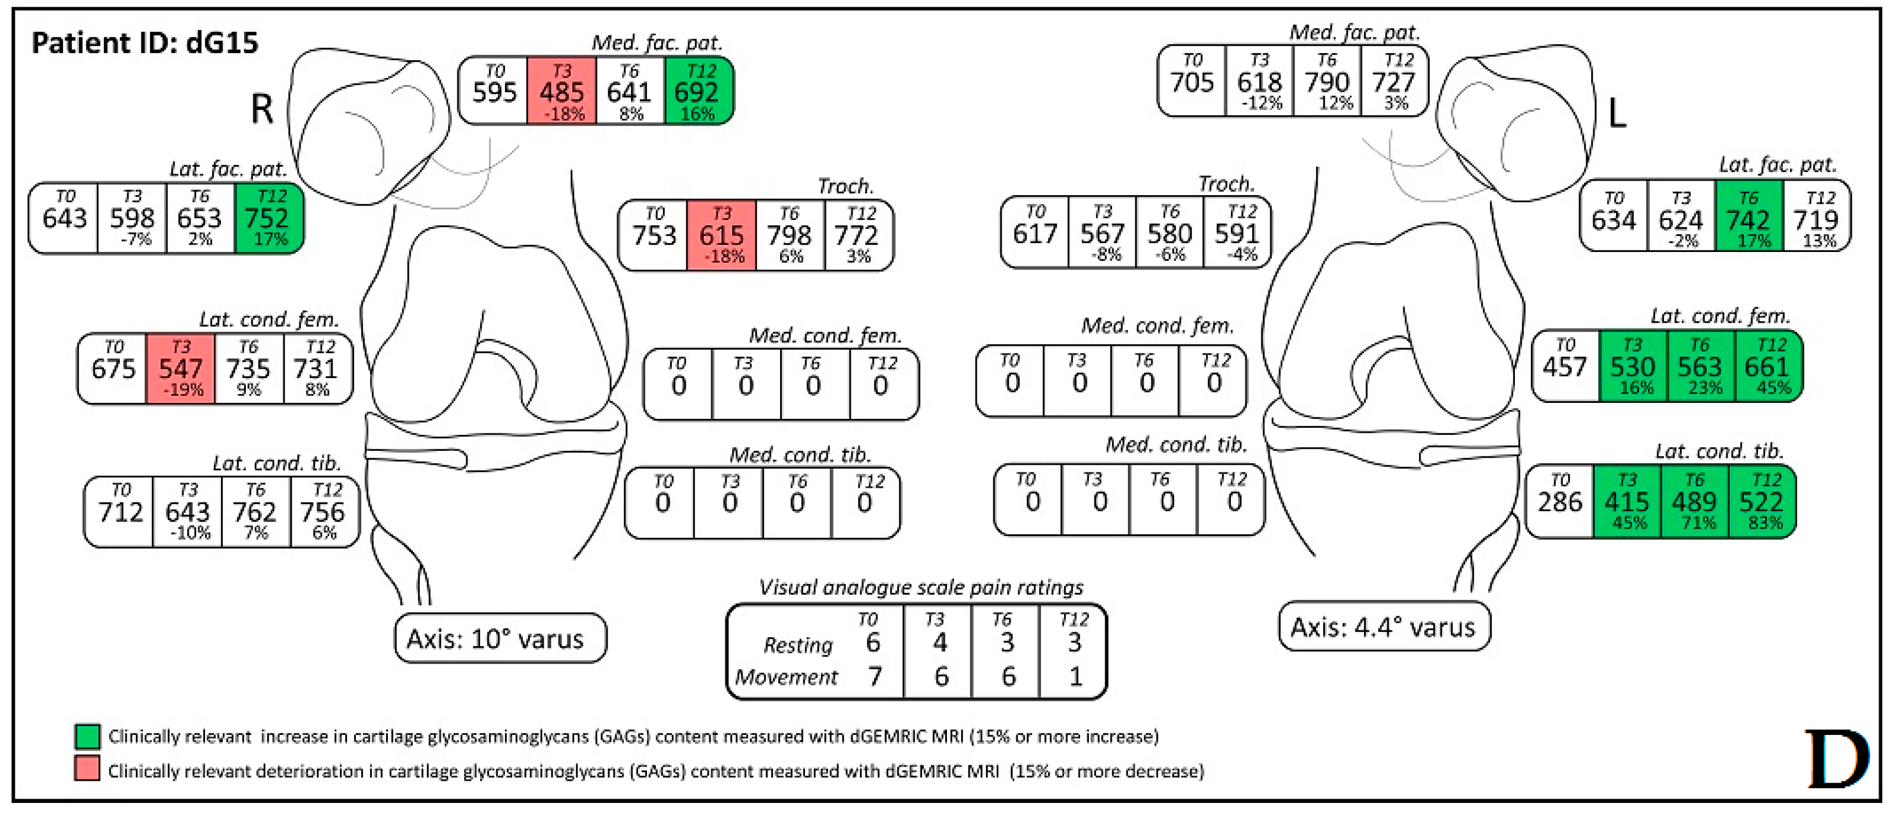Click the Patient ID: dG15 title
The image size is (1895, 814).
(145, 43)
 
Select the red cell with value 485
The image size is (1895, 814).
(561, 91)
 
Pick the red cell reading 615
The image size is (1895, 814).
(721, 235)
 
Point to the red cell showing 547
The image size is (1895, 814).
(180, 368)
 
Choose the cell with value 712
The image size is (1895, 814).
(120, 512)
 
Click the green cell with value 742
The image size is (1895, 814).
(1749, 219)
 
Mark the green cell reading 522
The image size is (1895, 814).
(1762, 501)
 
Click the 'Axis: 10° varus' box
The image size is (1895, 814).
(500, 638)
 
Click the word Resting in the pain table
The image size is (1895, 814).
(797, 645)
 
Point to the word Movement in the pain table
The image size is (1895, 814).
(786, 676)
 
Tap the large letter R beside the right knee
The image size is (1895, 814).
(262, 109)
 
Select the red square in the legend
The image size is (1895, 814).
(87, 769)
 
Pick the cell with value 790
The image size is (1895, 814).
(1327, 82)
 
